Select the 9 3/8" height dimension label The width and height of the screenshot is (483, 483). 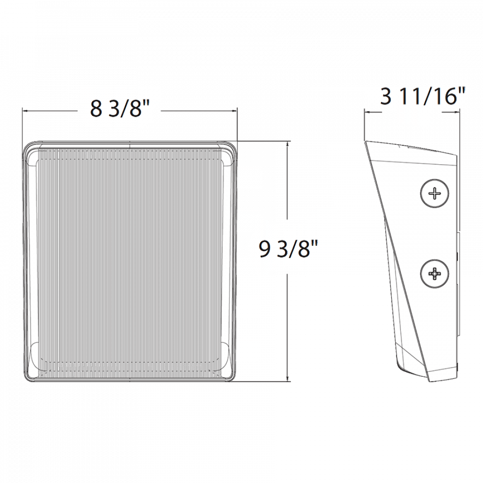pyautogui.click(x=287, y=250)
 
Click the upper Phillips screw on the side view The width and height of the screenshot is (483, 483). pyautogui.click(x=435, y=194)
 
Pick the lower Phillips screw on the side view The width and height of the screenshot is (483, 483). pyautogui.click(x=435, y=274)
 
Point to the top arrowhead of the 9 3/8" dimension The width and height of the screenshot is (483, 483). pyautogui.click(x=287, y=144)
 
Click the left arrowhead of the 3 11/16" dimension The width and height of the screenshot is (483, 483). pyautogui.click(x=367, y=113)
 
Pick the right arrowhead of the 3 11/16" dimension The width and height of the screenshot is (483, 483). pyautogui.click(x=456, y=112)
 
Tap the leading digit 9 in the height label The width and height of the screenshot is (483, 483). pyautogui.click(x=265, y=249)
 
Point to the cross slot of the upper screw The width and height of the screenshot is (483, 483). pyautogui.click(x=435, y=194)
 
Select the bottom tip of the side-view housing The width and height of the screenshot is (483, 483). pyautogui.click(x=430, y=378)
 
